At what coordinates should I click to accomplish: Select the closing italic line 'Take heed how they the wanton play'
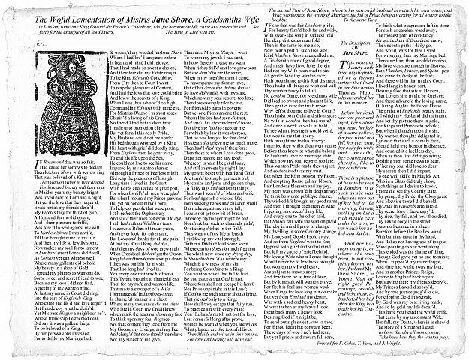pyautogui.click(x=393, y=335)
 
